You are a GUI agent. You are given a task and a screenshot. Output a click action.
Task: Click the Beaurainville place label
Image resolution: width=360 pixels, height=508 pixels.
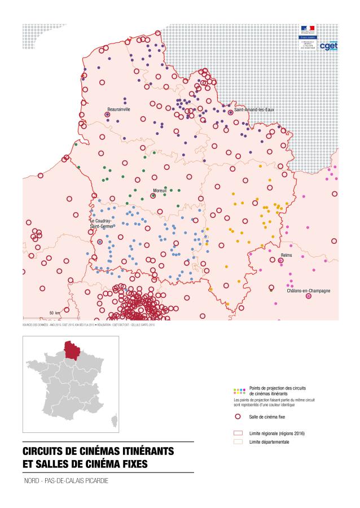pyautogui.click(x=119, y=109)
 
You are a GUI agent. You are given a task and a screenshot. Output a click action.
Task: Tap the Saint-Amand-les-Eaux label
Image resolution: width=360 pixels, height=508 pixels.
pyautogui.click(x=254, y=109)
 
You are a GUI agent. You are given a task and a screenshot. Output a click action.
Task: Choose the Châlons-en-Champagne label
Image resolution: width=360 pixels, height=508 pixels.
pyautogui.click(x=308, y=291)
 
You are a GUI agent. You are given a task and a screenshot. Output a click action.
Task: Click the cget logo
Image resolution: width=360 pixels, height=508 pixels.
pyautogui.click(x=328, y=46)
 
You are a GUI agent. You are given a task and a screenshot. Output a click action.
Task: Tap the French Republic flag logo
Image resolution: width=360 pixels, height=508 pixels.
pyautogui.click(x=308, y=28)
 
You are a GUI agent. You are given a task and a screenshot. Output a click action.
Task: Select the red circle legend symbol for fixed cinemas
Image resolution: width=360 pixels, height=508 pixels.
pyautogui.click(x=238, y=416)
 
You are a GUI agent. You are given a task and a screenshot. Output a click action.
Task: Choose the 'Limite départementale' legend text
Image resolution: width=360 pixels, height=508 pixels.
pyautogui.click(x=269, y=441)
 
